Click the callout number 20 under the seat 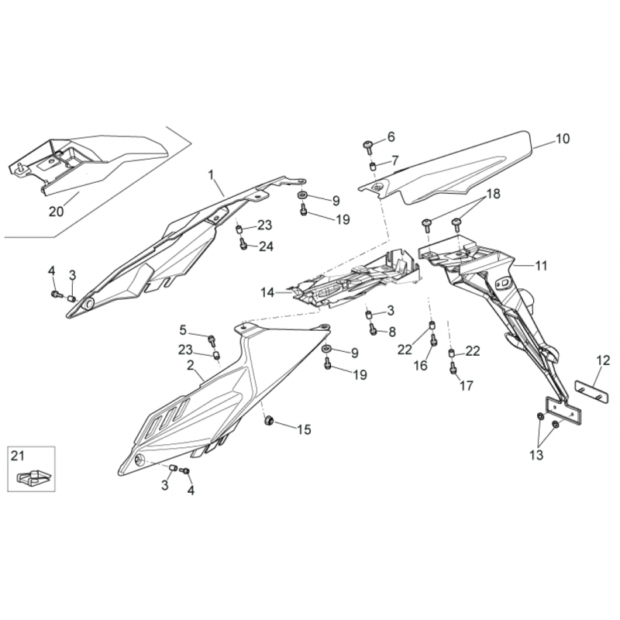pos(56,212)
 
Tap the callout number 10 pos(563,139)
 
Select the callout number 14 pos(267,293)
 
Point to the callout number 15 pos(304,429)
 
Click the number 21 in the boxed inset pos(18,456)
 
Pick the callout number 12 pos(604,360)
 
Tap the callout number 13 pos(536,455)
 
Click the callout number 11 pos(540,265)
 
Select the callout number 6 pos(391,137)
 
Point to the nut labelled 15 pos(270,421)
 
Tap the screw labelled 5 pos(212,341)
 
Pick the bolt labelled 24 pos(243,243)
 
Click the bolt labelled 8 pos(373,329)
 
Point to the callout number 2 pos(191,365)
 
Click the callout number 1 pos(211,174)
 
